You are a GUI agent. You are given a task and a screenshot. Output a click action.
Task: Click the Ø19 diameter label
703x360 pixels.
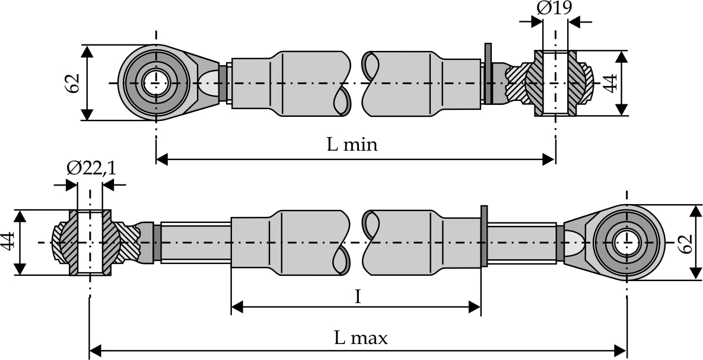click(555, 8)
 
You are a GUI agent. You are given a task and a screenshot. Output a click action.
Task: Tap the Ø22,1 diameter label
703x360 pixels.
click(91, 168)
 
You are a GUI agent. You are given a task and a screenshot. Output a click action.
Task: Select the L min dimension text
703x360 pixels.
click(352, 144)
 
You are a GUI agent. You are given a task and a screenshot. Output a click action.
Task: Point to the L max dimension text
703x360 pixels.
click(360, 338)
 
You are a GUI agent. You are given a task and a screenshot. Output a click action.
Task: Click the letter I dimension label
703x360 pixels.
click(357, 297)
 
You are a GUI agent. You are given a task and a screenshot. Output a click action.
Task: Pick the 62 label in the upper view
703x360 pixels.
click(72, 83)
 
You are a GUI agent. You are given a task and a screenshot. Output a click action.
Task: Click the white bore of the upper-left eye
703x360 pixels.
click(156, 82)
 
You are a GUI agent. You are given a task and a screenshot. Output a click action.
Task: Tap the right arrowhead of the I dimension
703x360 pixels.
click(474, 307)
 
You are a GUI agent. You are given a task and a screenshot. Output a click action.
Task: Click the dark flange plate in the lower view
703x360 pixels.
click(484, 236)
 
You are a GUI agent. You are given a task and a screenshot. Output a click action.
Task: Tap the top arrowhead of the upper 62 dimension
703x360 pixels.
click(87, 50)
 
